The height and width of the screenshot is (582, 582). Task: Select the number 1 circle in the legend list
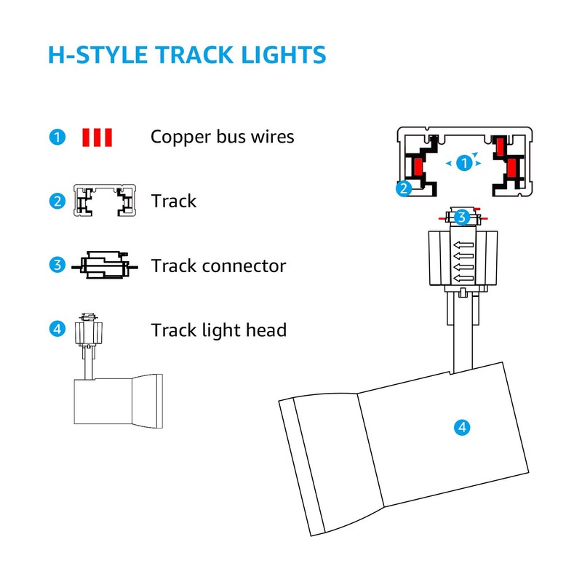click(57, 136)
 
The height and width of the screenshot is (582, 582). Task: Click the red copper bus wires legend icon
click(97, 136)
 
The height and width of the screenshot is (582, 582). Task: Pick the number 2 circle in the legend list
click(57, 202)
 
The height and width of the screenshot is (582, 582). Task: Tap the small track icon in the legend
click(105, 202)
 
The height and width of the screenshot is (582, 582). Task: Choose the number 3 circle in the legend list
click(57, 266)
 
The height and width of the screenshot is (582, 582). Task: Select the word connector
click(243, 266)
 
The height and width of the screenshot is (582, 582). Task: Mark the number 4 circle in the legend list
click(57, 330)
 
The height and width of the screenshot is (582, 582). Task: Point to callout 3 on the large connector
click(460, 217)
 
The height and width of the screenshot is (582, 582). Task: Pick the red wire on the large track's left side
click(418, 167)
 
